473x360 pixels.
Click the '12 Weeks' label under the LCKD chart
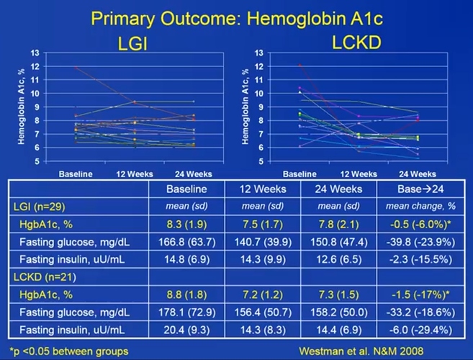357,174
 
